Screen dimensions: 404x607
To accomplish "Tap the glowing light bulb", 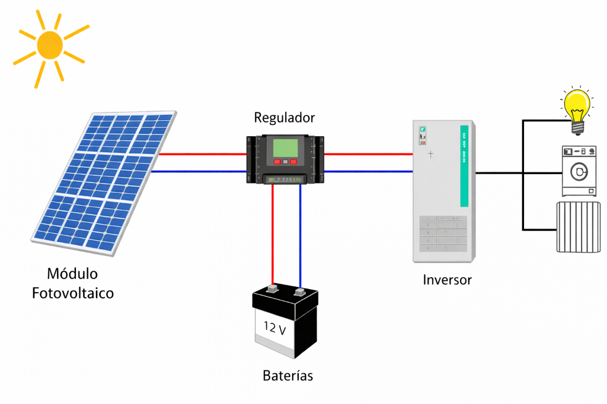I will click(577, 107).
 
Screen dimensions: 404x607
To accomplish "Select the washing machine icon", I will click(578, 171).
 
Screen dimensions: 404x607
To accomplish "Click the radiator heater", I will click(579, 227).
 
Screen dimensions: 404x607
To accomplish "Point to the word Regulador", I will click(285, 117).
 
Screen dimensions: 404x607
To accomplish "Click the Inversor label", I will click(447, 280).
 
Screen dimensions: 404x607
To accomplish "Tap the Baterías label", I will click(287, 376).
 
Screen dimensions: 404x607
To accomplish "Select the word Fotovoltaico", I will click(73, 293).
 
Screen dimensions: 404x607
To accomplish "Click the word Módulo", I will click(73, 274).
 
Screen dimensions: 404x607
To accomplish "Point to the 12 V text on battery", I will click(274, 328).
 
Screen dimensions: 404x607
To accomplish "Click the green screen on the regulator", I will click(285, 146).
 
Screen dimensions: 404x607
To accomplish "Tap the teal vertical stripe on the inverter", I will click(464, 165).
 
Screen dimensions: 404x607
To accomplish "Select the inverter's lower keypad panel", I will click(443, 233).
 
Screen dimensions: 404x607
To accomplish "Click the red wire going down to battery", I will click(273, 237).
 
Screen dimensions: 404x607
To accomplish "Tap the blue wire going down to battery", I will click(300, 237).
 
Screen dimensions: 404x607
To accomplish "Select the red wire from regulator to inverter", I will click(368, 154).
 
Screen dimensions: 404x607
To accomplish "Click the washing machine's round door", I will click(577, 172).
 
